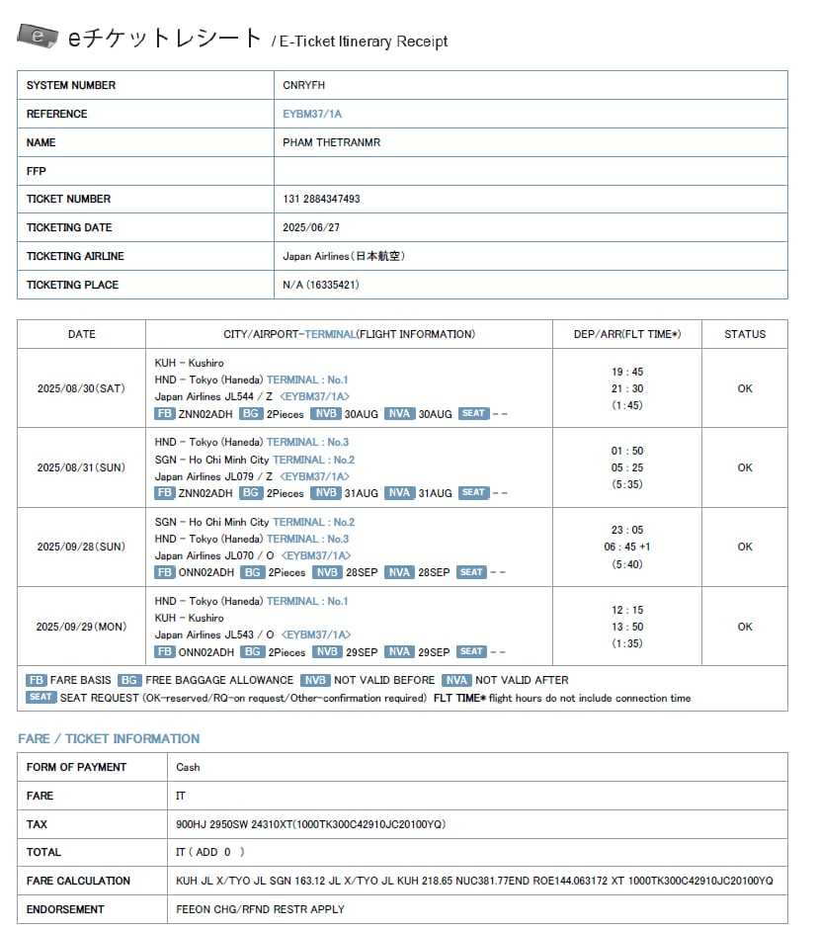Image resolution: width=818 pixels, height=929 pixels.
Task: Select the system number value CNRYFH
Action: (303, 85)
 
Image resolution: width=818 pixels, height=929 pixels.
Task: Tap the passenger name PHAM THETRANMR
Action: (331, 142)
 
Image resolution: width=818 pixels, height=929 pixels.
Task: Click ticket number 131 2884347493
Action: (321, 199)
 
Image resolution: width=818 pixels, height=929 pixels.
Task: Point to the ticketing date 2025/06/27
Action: (309, 227)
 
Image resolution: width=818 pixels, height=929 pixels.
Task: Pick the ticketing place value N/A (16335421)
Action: (320, 285)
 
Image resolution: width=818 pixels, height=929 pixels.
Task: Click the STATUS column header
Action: (744, 334)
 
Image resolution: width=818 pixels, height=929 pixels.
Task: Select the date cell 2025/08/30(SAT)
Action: (81, 388)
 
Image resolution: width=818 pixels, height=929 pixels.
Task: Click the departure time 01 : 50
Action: (626, 451)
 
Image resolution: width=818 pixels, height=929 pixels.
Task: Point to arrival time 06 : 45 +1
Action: (626, 547)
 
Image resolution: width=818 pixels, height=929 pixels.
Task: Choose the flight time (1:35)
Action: (626, 643)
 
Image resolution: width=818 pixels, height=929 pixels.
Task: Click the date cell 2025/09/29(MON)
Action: (81, 627)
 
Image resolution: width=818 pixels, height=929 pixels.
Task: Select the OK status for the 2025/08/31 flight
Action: (744, 467)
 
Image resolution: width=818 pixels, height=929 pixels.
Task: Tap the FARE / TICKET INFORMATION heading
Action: (109, 738)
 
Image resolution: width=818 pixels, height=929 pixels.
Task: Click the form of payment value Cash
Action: (188, 767)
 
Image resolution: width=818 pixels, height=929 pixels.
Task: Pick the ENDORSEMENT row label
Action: (65, 909)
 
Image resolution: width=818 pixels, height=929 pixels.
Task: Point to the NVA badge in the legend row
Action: (456, 680)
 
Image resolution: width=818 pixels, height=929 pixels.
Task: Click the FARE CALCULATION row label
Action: (78, 881)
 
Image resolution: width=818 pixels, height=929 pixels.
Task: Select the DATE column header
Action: (81, 334)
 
